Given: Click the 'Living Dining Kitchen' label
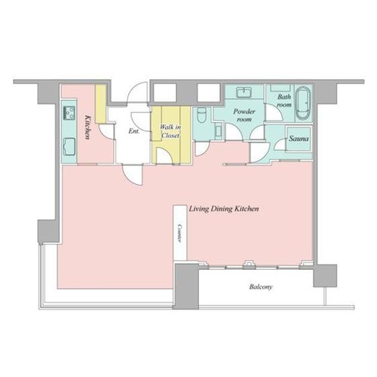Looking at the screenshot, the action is point(224,209).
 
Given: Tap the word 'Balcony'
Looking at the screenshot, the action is point(261,287).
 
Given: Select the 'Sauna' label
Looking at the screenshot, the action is point(299,139).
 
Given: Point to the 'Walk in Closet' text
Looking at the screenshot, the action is point(170,131).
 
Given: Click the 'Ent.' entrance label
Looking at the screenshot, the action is point(134,131).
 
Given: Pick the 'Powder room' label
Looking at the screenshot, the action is point(244,115).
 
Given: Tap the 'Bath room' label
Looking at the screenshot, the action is point(284,100).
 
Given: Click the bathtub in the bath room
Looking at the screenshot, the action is point(303,103).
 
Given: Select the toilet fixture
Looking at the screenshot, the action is point(202,115).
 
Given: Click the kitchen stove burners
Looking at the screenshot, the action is point(69,113).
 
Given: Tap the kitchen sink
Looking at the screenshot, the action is point(69,146).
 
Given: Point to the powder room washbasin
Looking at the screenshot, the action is point(244,92).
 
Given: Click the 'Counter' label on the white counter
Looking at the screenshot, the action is point(179,233).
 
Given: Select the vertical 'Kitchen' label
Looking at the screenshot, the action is point(87,127).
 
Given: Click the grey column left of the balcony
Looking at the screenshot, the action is point(186,287).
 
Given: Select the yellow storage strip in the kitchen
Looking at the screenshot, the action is point(101,103).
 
